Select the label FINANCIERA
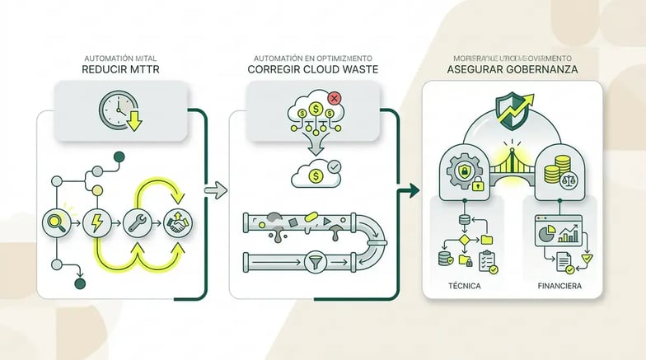pos(561,286)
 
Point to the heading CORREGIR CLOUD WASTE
pos(314,70)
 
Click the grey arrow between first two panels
pos(215,191)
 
